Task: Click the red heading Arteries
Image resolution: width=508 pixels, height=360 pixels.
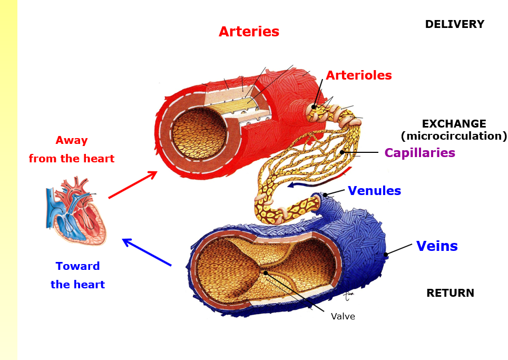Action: [x=249, y=32]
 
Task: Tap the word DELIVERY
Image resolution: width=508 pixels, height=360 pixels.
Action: [x=454, y=24]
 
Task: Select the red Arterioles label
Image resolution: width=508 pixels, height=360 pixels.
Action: [x=359, y=75]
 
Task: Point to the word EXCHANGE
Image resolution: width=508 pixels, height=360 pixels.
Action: [x=454, y=124]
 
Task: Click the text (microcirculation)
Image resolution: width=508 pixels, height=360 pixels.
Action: [x=454, y=136]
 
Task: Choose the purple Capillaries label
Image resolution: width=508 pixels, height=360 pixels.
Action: [x=419, y=153]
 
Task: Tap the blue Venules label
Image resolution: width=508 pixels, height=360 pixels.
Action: [x=374, y=191]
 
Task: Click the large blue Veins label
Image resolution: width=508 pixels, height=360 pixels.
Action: [x=437, y=246]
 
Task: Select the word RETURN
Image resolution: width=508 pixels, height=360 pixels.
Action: [x=450, y=293]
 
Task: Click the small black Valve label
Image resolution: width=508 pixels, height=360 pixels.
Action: [x=343, y=316]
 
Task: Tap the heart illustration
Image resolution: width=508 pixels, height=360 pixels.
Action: [x=76, y=211]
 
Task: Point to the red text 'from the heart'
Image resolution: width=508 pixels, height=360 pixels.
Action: [x=72, y=159]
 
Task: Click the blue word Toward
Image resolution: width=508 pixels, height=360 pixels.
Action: [x=78, y=266]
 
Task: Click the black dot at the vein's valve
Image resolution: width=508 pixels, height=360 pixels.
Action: [x=266, y=273]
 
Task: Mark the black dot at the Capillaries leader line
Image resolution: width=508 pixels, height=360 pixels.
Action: [x=342, y=152]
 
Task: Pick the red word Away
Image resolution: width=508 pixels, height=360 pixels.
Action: [x=72, y=141]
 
